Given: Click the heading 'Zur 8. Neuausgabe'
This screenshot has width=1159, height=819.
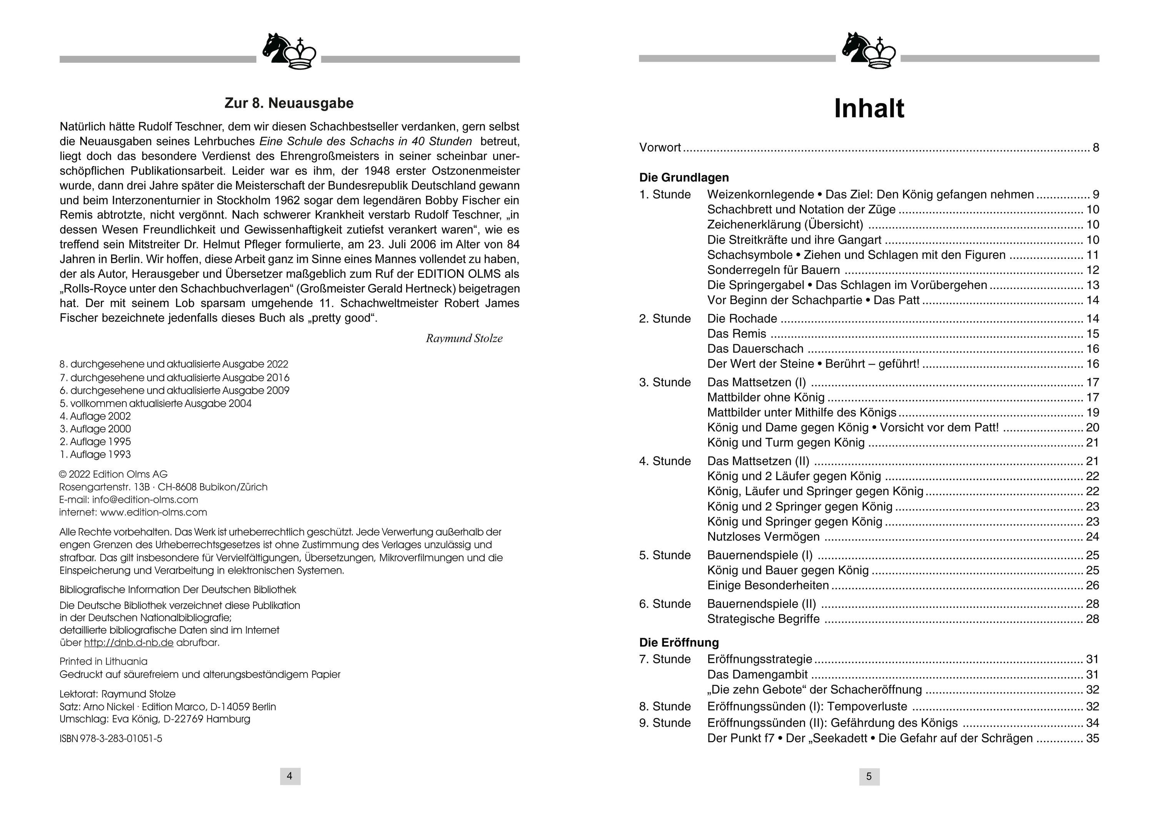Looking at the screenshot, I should pyautogui.click(x=289, y=103).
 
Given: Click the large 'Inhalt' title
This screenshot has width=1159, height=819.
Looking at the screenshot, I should pyautogui.click(x=869, y=108).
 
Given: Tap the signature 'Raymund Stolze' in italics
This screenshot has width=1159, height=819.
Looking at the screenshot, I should pyautogui.click(x=464, y=338).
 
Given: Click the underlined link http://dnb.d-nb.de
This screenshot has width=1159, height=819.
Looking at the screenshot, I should pyautogui.click(x=129, y=643).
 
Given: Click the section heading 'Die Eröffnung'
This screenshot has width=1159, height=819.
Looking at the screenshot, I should pyautogui.click(x=679, y=642).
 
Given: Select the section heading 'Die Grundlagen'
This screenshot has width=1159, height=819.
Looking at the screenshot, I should pyautogui.click(x=684, y=177).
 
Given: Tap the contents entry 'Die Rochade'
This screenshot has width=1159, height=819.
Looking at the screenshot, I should pyautogui.click(x=742, y=319).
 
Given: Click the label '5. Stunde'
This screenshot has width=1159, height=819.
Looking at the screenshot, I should pyautogui.click(x=664, y=555).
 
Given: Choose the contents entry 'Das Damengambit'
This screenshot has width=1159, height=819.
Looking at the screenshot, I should pyautogui.click(x=757, y=675).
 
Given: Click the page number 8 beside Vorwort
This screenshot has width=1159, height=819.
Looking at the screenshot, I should pyautogui.click(x=1096, y=147).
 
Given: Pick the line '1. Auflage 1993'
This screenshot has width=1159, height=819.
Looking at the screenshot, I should pyautogui.click(x=95, y=454).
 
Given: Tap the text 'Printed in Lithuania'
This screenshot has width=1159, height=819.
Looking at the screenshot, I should pyautogui.click(x=103, y=661).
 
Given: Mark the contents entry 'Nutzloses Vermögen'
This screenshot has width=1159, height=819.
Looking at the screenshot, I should pyautogui.click(x=763, y=536).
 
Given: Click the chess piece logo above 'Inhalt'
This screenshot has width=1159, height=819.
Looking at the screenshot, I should pyautogui.click(x=868, y=50).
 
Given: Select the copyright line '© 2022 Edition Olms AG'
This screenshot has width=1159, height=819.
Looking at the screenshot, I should pyautogui.click(x=113, y=474).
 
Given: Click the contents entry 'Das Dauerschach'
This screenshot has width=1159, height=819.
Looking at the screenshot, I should pyautogui.click(x=755, y=349).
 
